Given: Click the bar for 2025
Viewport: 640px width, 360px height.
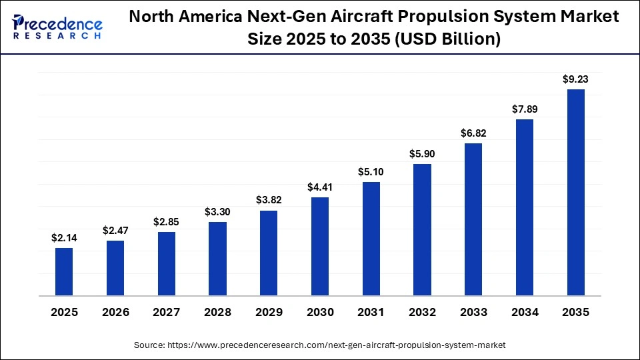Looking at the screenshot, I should [64, 271].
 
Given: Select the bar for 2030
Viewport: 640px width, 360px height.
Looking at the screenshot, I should [320, 246].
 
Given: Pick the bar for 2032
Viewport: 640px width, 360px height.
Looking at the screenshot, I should [422, 229].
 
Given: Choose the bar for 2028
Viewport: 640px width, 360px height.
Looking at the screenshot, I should [217, 259].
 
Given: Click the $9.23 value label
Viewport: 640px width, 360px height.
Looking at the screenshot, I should [575, 79].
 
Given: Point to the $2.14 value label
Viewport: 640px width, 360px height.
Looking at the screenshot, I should [64, 238].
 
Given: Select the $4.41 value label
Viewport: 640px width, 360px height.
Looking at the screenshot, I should [320, 187].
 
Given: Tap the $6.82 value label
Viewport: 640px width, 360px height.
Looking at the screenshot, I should [473, 133].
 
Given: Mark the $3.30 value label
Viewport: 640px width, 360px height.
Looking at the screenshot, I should [217, 212].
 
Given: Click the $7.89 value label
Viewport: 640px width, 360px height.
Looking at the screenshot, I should [525, 109].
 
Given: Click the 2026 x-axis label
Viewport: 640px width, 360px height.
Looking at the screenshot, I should [115, 312].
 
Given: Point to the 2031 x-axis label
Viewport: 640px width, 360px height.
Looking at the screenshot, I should [371, 312].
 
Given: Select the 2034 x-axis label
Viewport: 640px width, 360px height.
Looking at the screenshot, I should [525, 312].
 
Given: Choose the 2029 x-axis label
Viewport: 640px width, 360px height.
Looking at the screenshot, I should [269, 312].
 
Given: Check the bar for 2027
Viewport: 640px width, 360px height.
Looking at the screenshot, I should [167, 263].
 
